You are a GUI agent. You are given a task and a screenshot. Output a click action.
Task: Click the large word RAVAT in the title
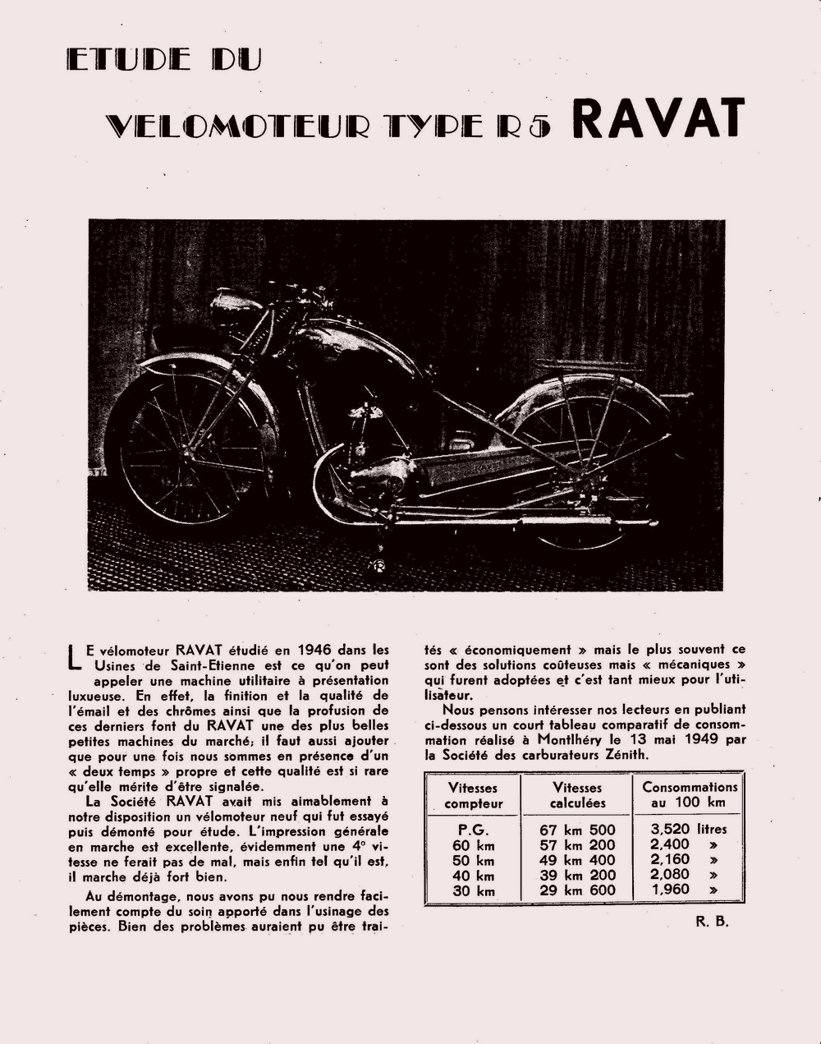657,118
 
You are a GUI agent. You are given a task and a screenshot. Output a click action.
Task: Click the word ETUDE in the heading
129,59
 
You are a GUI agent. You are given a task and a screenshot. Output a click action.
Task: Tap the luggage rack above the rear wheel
587,367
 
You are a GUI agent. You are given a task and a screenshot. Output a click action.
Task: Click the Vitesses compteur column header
473,795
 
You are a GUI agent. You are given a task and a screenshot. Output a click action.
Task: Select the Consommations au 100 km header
690,794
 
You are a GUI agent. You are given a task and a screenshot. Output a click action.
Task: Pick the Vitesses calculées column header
577,795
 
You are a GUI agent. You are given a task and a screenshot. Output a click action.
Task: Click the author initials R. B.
712,921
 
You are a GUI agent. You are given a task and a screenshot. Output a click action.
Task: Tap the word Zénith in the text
622,755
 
